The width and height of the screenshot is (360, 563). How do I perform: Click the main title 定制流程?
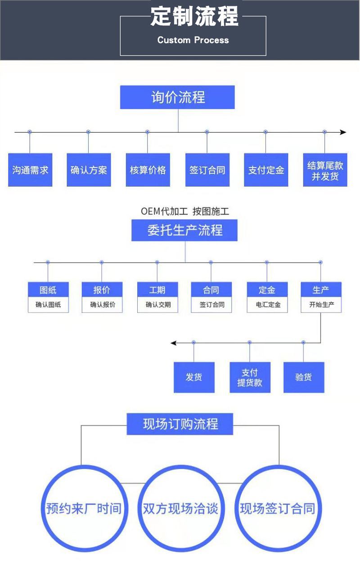[194, 16]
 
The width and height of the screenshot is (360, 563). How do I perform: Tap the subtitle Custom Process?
[193, 40]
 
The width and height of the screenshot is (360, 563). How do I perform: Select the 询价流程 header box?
[177, 97]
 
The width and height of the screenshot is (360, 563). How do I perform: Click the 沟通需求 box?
[30, 170]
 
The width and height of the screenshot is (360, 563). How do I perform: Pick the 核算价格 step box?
[148, 170]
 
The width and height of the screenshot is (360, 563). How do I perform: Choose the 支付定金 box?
[266, 170]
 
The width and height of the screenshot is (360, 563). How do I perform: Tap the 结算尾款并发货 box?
[325, 170]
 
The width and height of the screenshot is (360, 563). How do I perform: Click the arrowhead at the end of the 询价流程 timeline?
[343, 132]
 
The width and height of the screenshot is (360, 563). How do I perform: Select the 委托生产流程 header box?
[184, 230]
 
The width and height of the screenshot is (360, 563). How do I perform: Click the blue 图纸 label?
[48, 290]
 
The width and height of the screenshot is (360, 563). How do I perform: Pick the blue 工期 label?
[157, 290]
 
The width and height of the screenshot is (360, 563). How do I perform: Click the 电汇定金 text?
[267, 305]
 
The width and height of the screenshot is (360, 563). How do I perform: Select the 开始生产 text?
[321, 305]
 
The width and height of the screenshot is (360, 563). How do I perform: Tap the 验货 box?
[304, 377]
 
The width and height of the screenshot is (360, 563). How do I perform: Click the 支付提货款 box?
[250, 377]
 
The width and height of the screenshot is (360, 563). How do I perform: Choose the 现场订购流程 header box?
[180, 424]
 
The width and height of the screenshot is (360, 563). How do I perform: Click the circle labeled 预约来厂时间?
[84, 509]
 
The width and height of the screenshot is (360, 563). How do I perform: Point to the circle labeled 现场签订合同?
[277, 509]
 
